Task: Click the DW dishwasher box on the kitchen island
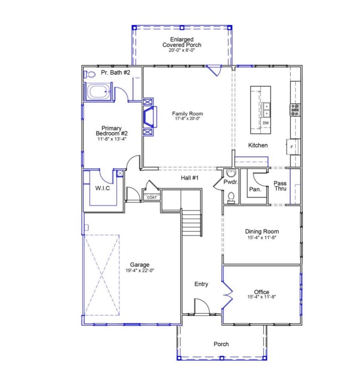(x=266, y=123)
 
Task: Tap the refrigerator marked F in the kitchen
(x=292, y=147)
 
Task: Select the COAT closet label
(x=152, y=197)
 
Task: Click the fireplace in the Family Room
(x=150, y=117)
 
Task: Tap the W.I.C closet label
(x=103, y=188)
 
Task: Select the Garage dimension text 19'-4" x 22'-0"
(x=140, y=271)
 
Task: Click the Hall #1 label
(x=190, y=178)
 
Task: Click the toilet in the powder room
(x=231, y=197)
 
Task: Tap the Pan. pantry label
(x=255, y=190)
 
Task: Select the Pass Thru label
(x=280, y=186)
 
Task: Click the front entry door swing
(x=201, y=306)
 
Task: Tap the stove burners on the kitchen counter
(x=295, y=110)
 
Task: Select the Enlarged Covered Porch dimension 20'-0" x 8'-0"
(x=182, y=50)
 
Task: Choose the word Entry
(x=201, y=284)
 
